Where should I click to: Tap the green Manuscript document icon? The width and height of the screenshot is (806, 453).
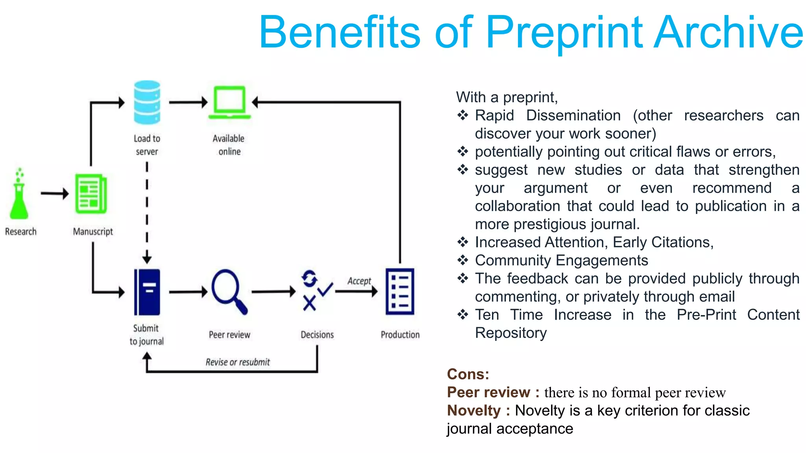pos(91,194)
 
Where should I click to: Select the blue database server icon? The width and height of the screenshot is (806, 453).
pos(147,103)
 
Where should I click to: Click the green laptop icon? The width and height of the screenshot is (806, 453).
pos(229,103)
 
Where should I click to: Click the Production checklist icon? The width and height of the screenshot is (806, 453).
pos(400,291)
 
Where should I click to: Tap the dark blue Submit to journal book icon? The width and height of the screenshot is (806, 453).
pos(147,292)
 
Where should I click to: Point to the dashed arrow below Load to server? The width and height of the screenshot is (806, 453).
pos(147,212)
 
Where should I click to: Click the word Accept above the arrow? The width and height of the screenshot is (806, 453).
pos(359,281)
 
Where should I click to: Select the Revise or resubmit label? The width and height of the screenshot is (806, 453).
pos(238,362)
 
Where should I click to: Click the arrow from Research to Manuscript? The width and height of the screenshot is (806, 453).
pos(54,193)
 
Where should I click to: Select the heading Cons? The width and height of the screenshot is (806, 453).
pos(468,374)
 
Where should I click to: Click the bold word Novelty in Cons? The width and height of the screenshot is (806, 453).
pos(474,411)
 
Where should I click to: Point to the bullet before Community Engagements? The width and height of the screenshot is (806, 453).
pos(463,260)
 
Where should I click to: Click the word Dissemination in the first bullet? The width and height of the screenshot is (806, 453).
pos(573,116)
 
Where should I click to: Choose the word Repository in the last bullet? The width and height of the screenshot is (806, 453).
pos(511,333)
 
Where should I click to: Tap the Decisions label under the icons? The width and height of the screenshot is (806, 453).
pos(317,335)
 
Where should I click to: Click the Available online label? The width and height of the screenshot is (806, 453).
pos(229,145)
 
